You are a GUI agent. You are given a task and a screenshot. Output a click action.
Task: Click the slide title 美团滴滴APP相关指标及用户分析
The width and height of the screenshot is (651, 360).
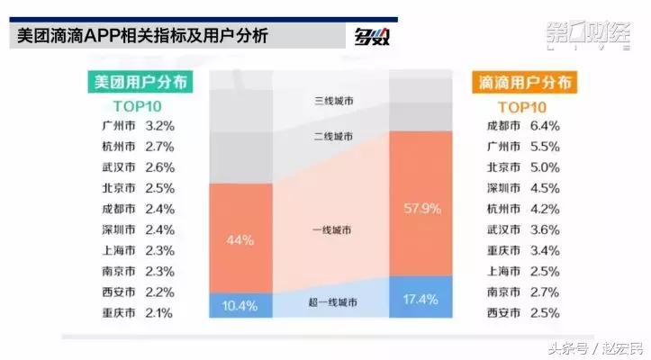143,37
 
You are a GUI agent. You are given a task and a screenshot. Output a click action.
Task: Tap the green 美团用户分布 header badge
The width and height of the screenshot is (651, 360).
140,82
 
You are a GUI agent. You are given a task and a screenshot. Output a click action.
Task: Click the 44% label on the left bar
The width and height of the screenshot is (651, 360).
240,241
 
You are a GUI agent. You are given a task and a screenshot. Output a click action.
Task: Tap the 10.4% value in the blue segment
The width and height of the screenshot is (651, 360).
240,306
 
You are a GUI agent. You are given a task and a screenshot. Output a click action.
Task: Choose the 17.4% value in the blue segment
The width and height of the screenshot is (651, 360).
421,296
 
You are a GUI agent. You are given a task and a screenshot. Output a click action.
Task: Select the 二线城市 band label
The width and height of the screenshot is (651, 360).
332,136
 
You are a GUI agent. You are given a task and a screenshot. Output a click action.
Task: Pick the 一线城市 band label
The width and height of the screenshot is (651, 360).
332,230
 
